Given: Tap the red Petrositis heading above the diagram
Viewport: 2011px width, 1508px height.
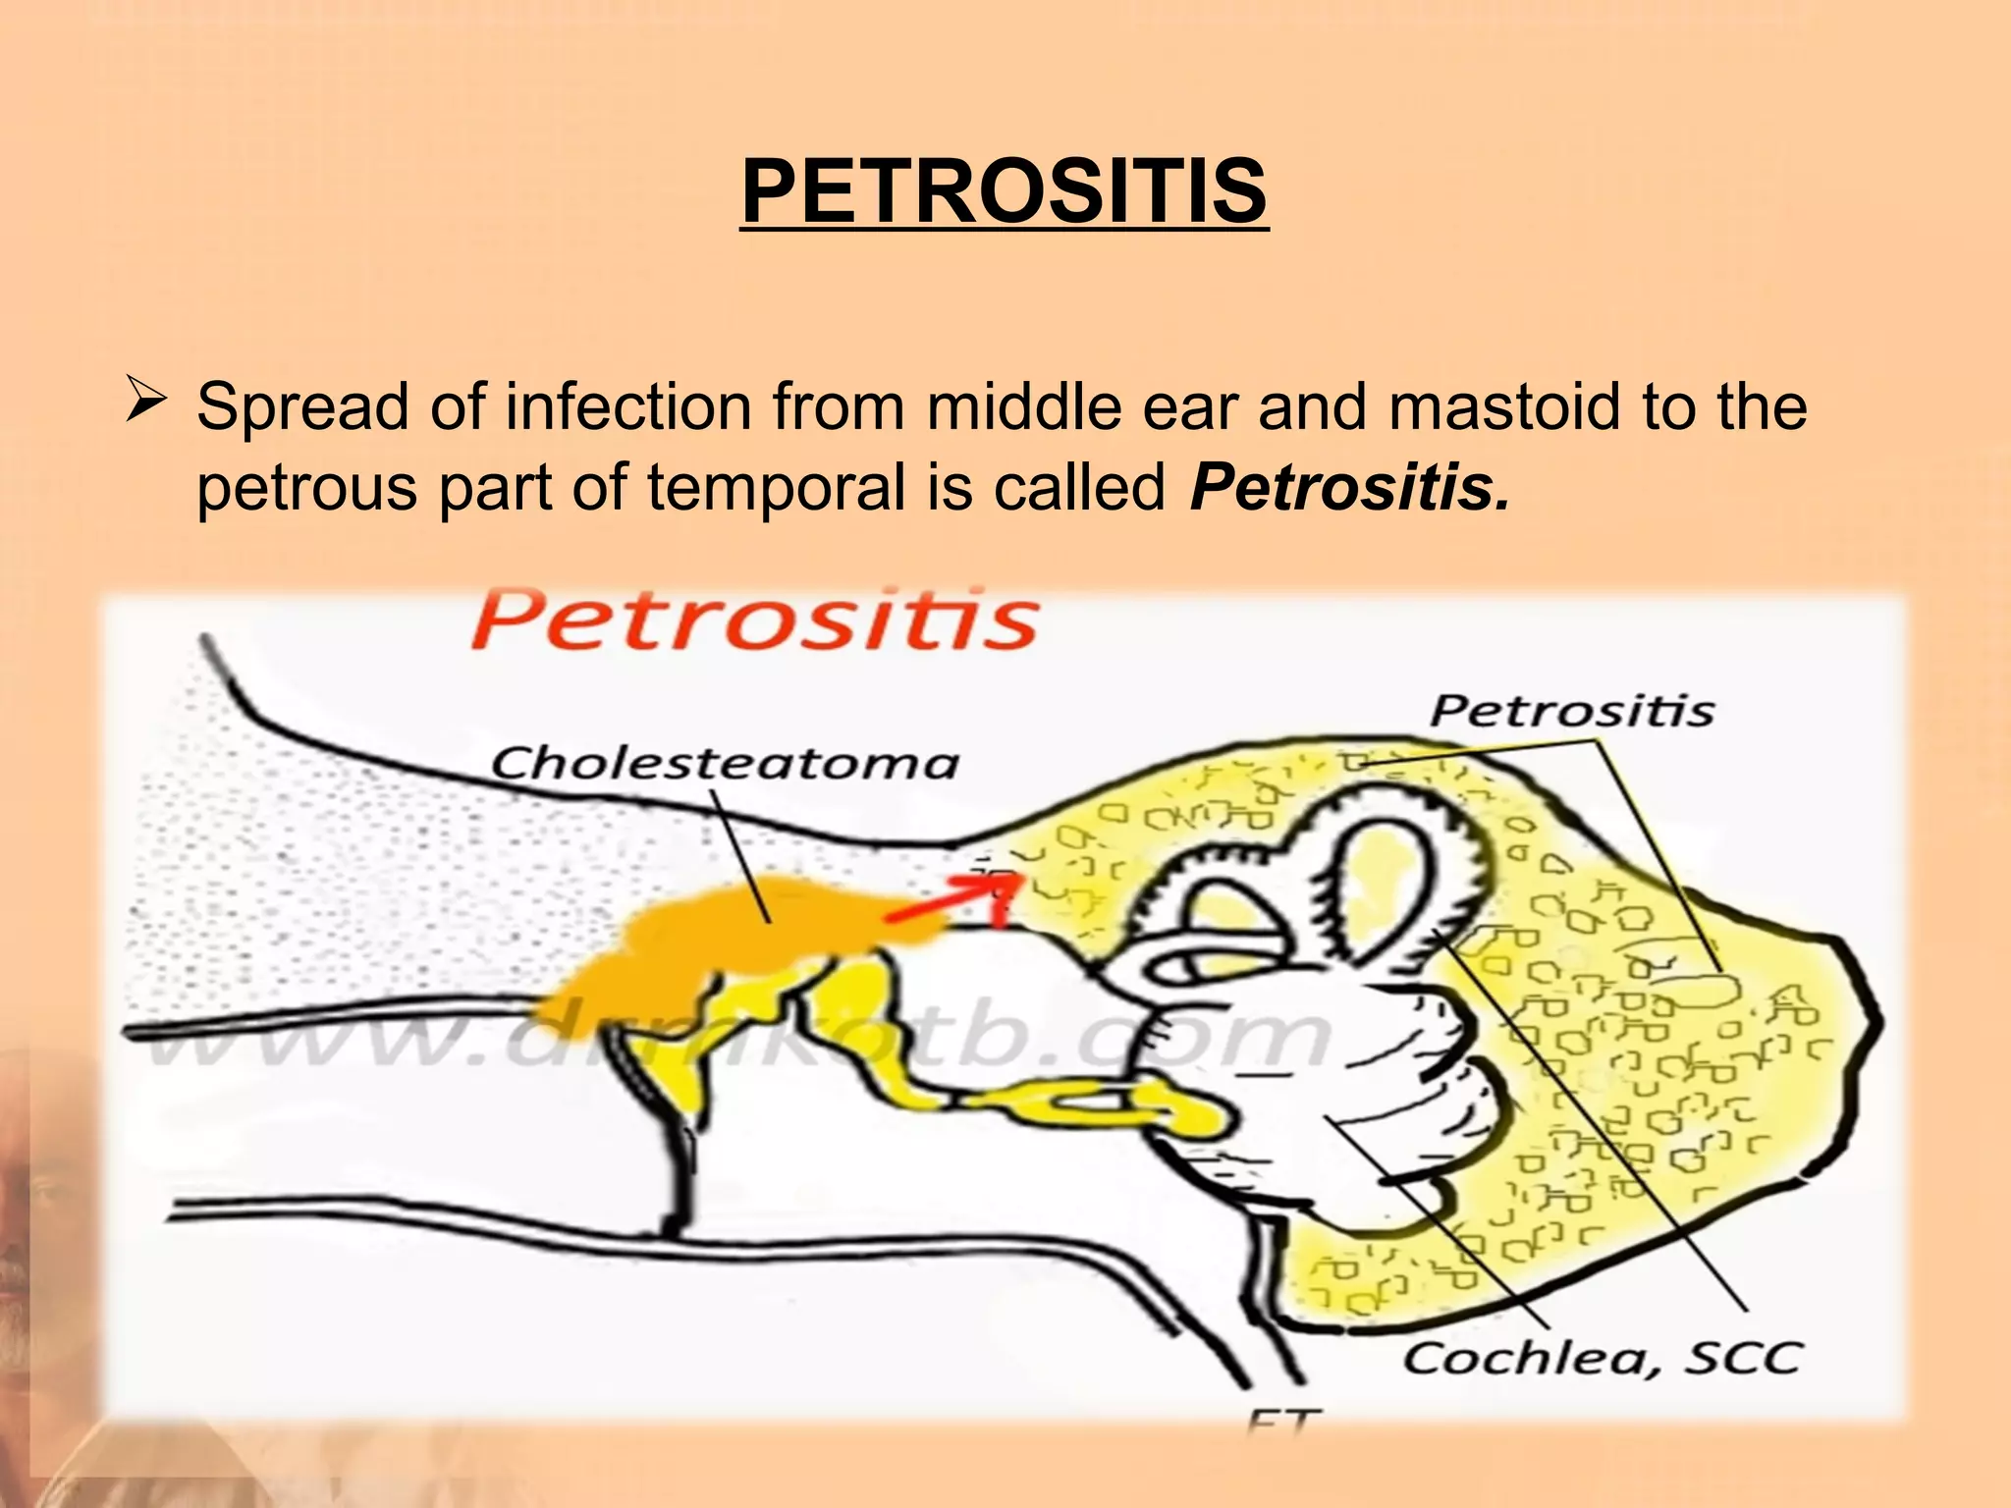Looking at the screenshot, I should click(x=754, y=619).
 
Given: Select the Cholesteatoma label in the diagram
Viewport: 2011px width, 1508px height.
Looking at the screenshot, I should click(x=725, y=763).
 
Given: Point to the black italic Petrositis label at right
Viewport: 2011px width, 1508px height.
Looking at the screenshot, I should click(x=1571, y=710).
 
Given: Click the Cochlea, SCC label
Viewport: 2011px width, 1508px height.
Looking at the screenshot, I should click(x=1602, y=1358).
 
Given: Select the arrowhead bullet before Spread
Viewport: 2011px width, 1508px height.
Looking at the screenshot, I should click(x=147, y=404).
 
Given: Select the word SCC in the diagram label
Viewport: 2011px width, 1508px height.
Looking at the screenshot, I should click(x=1743, y=1358).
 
